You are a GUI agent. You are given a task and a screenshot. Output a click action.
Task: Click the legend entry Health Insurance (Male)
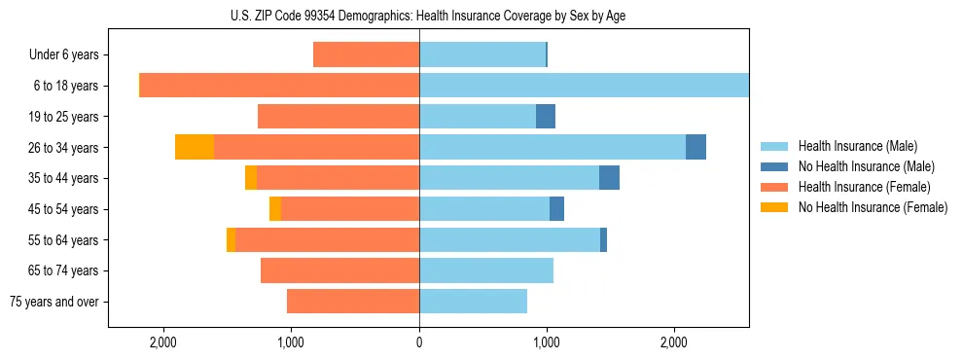point(856,146)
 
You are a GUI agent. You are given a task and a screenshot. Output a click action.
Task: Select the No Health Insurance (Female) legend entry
point(873,207)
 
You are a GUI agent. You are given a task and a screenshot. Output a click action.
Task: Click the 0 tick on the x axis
point(419,342)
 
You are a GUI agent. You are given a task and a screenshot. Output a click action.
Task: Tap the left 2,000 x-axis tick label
point(163,342)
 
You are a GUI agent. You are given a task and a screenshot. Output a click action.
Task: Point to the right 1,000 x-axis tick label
point(547,342)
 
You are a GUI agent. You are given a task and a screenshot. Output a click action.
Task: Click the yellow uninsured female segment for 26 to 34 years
point(195,147)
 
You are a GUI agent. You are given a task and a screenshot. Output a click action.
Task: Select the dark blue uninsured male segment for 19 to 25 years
point(546,117)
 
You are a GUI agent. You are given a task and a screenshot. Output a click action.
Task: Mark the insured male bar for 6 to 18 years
point(584,86)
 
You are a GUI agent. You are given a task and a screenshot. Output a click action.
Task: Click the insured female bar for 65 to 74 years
point(340,270)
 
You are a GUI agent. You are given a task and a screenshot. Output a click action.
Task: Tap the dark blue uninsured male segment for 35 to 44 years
point(609,178)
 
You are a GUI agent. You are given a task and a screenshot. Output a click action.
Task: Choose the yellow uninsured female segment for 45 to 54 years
point(275,209)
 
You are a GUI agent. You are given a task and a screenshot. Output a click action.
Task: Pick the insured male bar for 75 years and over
point(473,302)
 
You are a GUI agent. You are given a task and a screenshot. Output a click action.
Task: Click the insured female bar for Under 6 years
point(366,55)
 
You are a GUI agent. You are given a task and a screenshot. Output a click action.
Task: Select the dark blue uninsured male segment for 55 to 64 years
point(603,239)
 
